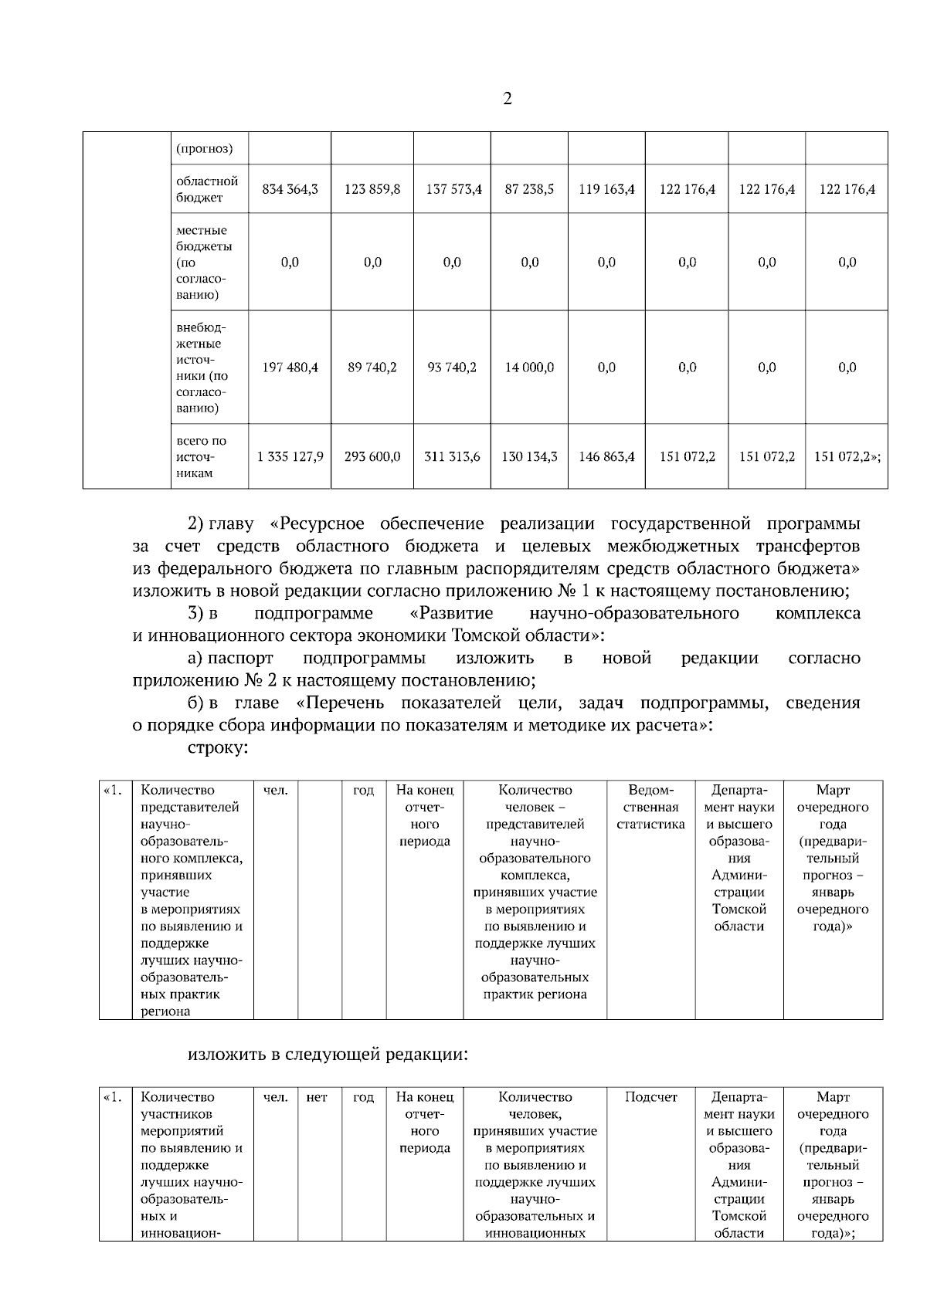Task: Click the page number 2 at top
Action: coord(507,99)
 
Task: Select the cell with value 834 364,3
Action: coord(290,189)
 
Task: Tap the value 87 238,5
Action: coord(529,189)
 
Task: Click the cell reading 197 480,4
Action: coord(290,368)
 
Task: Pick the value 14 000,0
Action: coord(529,368)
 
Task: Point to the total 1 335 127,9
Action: coord(290,457)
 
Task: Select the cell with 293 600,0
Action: coord(372,457)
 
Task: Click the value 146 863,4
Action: coord(606,457)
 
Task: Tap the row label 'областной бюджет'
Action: coord(207,189)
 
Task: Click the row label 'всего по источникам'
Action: coord(202,457)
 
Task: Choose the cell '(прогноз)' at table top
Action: coord(205,148)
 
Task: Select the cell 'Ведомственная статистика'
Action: coord(650,807)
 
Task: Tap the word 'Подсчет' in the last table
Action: coord(650,1097)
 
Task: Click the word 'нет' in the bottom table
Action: coord(317,1097)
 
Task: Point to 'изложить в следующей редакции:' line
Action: coord(328,1054)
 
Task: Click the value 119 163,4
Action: coord(606,189)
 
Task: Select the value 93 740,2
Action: coord(452,368)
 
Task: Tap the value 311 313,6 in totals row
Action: coord(452,457)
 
